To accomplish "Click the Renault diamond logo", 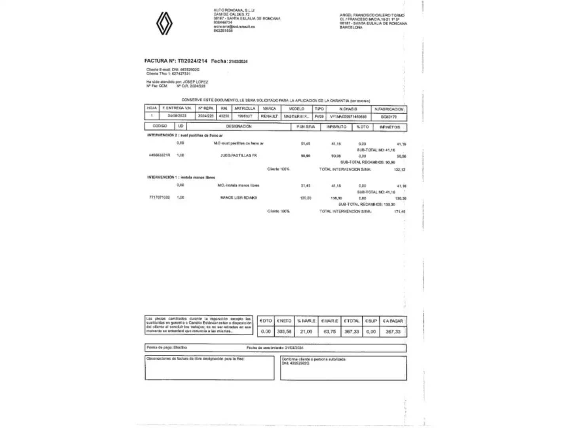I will coord(165,23).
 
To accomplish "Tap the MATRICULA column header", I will coord(245,109).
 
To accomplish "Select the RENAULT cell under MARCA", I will coord(269,117).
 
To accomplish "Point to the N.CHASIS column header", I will coord(348,109).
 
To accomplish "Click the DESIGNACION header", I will coord(239,126).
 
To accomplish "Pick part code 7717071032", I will coord(160,197).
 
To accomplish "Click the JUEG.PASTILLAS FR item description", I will coord(238,155).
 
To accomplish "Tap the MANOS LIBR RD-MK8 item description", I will coord(238,197).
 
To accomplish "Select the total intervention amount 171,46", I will coord(400,212).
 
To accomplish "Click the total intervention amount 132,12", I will coord(400,170).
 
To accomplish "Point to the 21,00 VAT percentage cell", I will coord(306,332).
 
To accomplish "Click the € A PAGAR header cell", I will coord(393,321).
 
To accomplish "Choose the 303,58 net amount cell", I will coord(284,332).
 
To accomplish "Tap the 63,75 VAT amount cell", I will coord(329,332).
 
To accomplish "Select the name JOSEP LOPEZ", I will coord(195,82).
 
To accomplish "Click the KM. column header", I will coord(224,109).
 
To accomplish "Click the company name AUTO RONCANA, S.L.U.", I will coord(234,10).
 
